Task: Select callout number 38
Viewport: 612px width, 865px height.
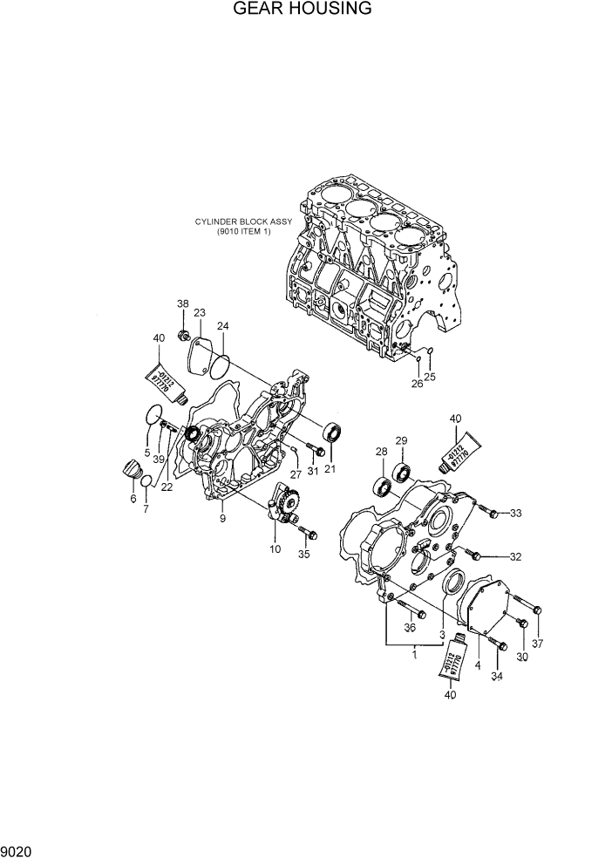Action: coord(183,303)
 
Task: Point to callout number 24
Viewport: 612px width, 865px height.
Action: coord(223,327)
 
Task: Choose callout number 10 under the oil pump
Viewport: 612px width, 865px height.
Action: coord(275,549)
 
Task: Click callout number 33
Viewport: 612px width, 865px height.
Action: coord(515,513)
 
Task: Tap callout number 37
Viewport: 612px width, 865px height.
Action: coord(537,644)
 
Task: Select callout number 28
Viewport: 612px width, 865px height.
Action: coord(381,452)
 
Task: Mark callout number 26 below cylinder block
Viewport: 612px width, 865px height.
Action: coord(417,382)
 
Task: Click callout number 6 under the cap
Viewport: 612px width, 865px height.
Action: coord(133,498)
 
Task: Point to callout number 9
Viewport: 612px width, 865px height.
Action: coord(223,519)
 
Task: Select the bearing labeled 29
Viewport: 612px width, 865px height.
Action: coord(401,473)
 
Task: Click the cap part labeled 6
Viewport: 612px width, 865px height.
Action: coord(131,469)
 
